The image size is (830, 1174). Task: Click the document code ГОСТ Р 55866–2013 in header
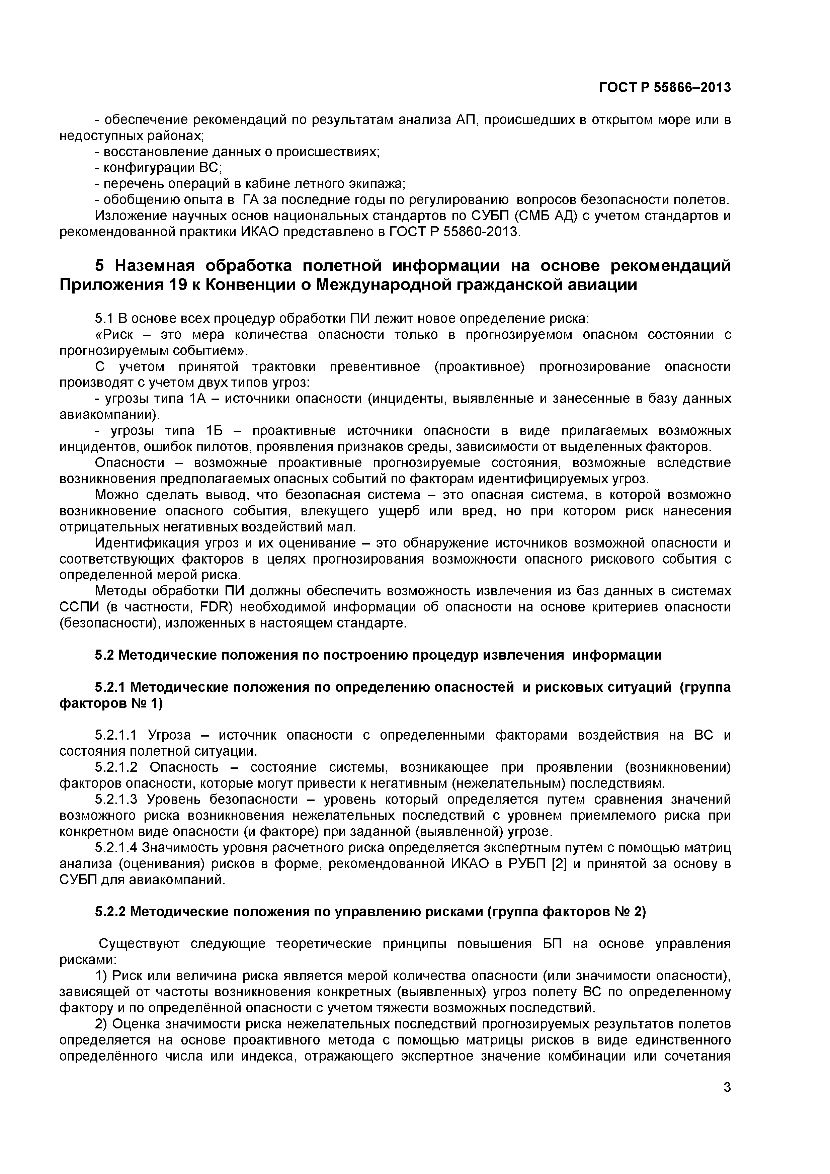coord(665,88)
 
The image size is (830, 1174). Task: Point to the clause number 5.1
coord(105,319)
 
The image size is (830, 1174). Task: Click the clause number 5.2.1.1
coord(116,735)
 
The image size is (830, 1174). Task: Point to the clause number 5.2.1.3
coord(116,799)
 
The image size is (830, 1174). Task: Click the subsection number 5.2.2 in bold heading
coord(112,912)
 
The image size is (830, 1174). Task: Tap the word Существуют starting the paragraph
coord(139,943)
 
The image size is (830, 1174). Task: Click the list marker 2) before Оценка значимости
coord(101,1024)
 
